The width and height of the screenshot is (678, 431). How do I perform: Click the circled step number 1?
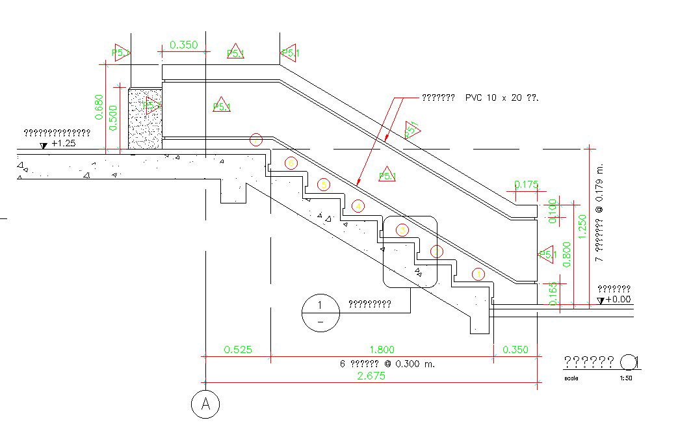tap(478, 274)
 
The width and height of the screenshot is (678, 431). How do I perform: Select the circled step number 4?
tap(357, 207)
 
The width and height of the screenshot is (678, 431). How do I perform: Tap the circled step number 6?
tap(291, 163)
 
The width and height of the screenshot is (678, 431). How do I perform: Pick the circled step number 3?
tap(402, 229)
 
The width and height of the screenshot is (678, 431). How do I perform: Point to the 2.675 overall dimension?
tap(371, 376)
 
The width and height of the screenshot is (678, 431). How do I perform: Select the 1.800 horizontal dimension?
tap(381, 349)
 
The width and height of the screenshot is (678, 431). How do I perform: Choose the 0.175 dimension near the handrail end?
tap(526, 185)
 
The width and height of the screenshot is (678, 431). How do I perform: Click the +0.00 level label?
tap(618, 299)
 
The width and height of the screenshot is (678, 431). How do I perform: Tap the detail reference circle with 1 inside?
tap(320, 312)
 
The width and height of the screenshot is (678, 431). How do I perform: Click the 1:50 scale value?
tap(625, 378)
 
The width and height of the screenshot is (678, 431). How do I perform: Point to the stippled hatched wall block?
tap(144, 119)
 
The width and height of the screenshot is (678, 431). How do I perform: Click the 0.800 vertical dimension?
tap(567, 254)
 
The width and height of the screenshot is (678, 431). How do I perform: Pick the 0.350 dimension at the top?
tap(183, 45)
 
